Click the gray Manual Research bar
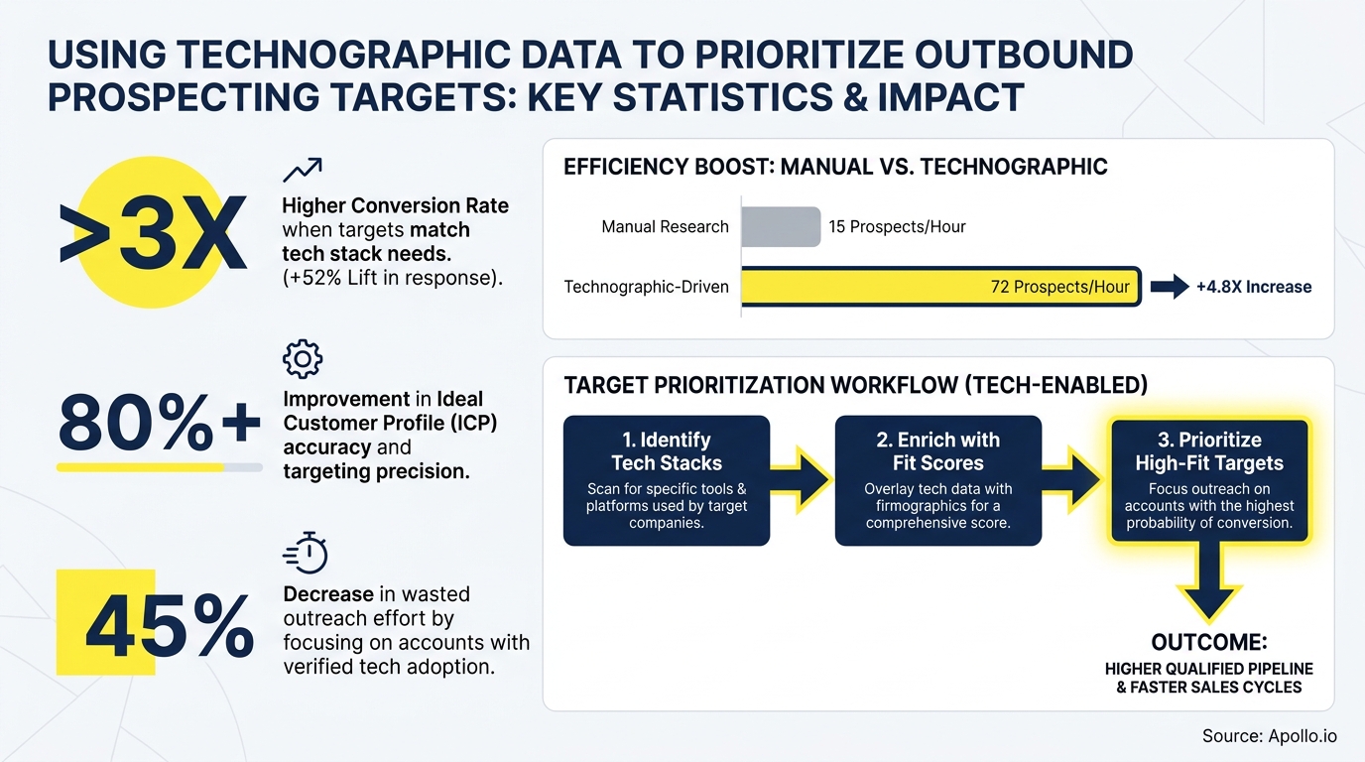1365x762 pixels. click(781, 226)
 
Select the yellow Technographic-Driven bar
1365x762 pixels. click(940, 287)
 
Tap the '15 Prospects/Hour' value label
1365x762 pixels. click(897, 227)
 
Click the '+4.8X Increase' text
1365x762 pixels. click(1254, 287)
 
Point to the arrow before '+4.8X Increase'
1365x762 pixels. click(1169, 287)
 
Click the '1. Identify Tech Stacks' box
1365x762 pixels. click(667, 480)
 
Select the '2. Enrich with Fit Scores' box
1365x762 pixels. click(938, 480)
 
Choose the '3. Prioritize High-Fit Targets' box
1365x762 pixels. click(1209, 480)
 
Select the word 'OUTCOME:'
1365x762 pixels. click(1209, 641)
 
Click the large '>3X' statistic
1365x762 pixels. click(154, 236)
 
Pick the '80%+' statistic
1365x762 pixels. click(159, 424)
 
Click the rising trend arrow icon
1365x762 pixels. click(302, 170)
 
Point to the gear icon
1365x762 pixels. click(303, 358)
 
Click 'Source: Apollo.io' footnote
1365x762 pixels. click(1269, 735)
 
